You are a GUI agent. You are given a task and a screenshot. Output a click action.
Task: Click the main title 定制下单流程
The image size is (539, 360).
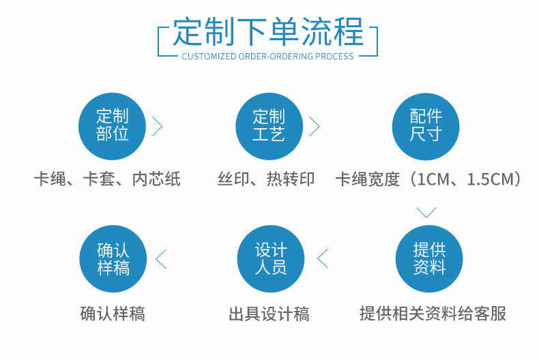[x=267, y=31]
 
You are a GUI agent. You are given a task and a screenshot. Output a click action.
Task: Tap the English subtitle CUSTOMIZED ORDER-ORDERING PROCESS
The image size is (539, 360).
[x=268, y=57]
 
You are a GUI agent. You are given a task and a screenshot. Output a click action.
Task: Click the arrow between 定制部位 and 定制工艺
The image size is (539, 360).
[x=158, y=126]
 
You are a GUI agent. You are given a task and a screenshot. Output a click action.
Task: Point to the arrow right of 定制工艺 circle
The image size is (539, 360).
[x=315, y=126]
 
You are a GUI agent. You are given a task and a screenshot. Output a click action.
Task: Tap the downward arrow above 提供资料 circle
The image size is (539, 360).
[x=426, y=213]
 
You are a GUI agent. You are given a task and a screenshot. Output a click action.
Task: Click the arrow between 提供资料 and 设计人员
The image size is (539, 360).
[x=323, y=258]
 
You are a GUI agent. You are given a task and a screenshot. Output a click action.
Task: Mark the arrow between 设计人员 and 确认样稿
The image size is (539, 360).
[x=161, y=258]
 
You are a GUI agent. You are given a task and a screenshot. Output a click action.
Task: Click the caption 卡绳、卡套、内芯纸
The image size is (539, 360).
[x=107, y=179]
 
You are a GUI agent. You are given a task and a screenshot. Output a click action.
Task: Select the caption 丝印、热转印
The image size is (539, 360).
[x=266, y=179]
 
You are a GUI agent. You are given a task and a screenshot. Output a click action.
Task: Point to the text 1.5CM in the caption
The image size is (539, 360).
[x=489, y=179]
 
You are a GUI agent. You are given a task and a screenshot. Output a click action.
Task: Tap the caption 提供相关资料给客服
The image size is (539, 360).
[x=433, y=314]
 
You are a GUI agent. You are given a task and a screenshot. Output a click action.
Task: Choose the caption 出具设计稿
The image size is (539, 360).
[x=269, y=314]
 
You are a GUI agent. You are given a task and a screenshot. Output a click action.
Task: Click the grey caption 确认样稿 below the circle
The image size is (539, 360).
[x=113, y=314]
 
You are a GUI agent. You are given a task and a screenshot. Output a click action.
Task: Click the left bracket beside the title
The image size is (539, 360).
[x=162, y=42]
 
